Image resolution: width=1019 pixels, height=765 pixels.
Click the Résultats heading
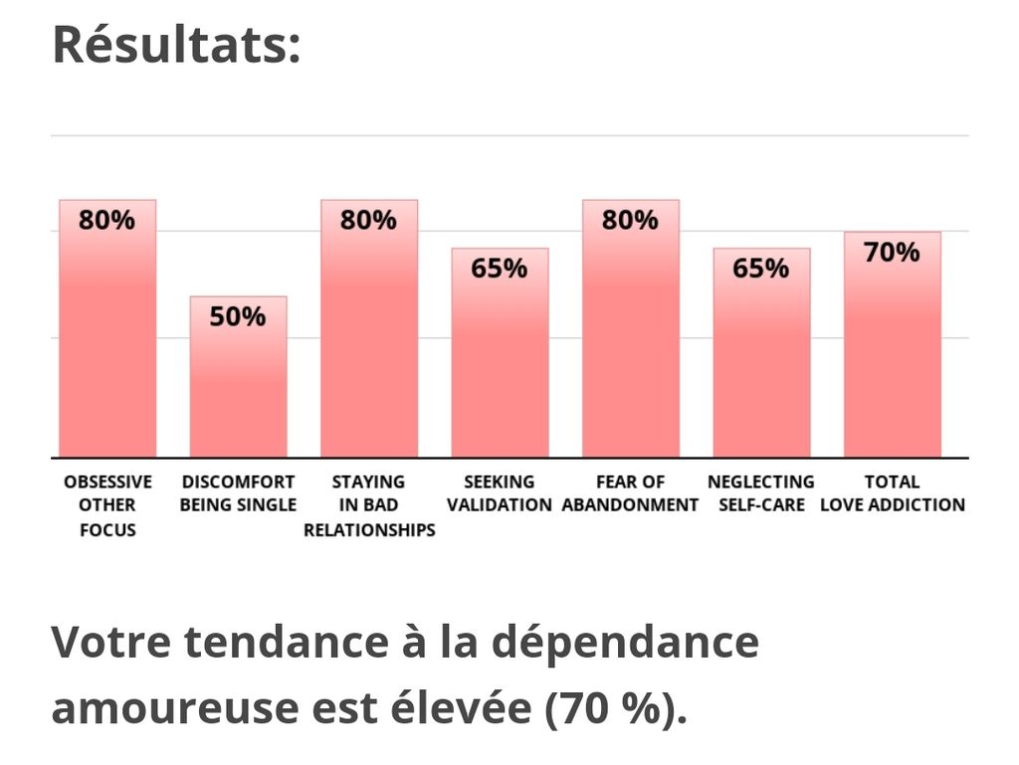[176, 46]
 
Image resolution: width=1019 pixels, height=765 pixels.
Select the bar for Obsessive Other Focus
[107, 338]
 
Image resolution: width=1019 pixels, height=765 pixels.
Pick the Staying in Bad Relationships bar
[368, 338]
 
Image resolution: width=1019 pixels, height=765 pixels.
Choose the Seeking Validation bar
[500, 363]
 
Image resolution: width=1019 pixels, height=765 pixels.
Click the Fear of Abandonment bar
[630, 338]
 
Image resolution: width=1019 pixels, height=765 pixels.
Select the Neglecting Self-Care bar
[761, 363]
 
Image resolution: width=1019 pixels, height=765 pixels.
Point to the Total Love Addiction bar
[892, 353]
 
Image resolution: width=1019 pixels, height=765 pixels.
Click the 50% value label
[238, 317]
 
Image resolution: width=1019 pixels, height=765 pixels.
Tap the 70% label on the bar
[892, 253]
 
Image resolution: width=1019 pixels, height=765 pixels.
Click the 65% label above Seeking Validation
[500, 269]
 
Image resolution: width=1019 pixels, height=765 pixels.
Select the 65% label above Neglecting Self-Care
[761, 269]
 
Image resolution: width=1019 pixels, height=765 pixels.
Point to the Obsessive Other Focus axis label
[107, 505]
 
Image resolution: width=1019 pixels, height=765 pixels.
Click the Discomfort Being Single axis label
[238, 493]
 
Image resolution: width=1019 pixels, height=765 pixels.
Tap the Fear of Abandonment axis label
[630, 493]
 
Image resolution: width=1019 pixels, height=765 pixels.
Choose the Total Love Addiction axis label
[892, 493]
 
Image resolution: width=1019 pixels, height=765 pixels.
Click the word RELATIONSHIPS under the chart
[369, 530]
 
